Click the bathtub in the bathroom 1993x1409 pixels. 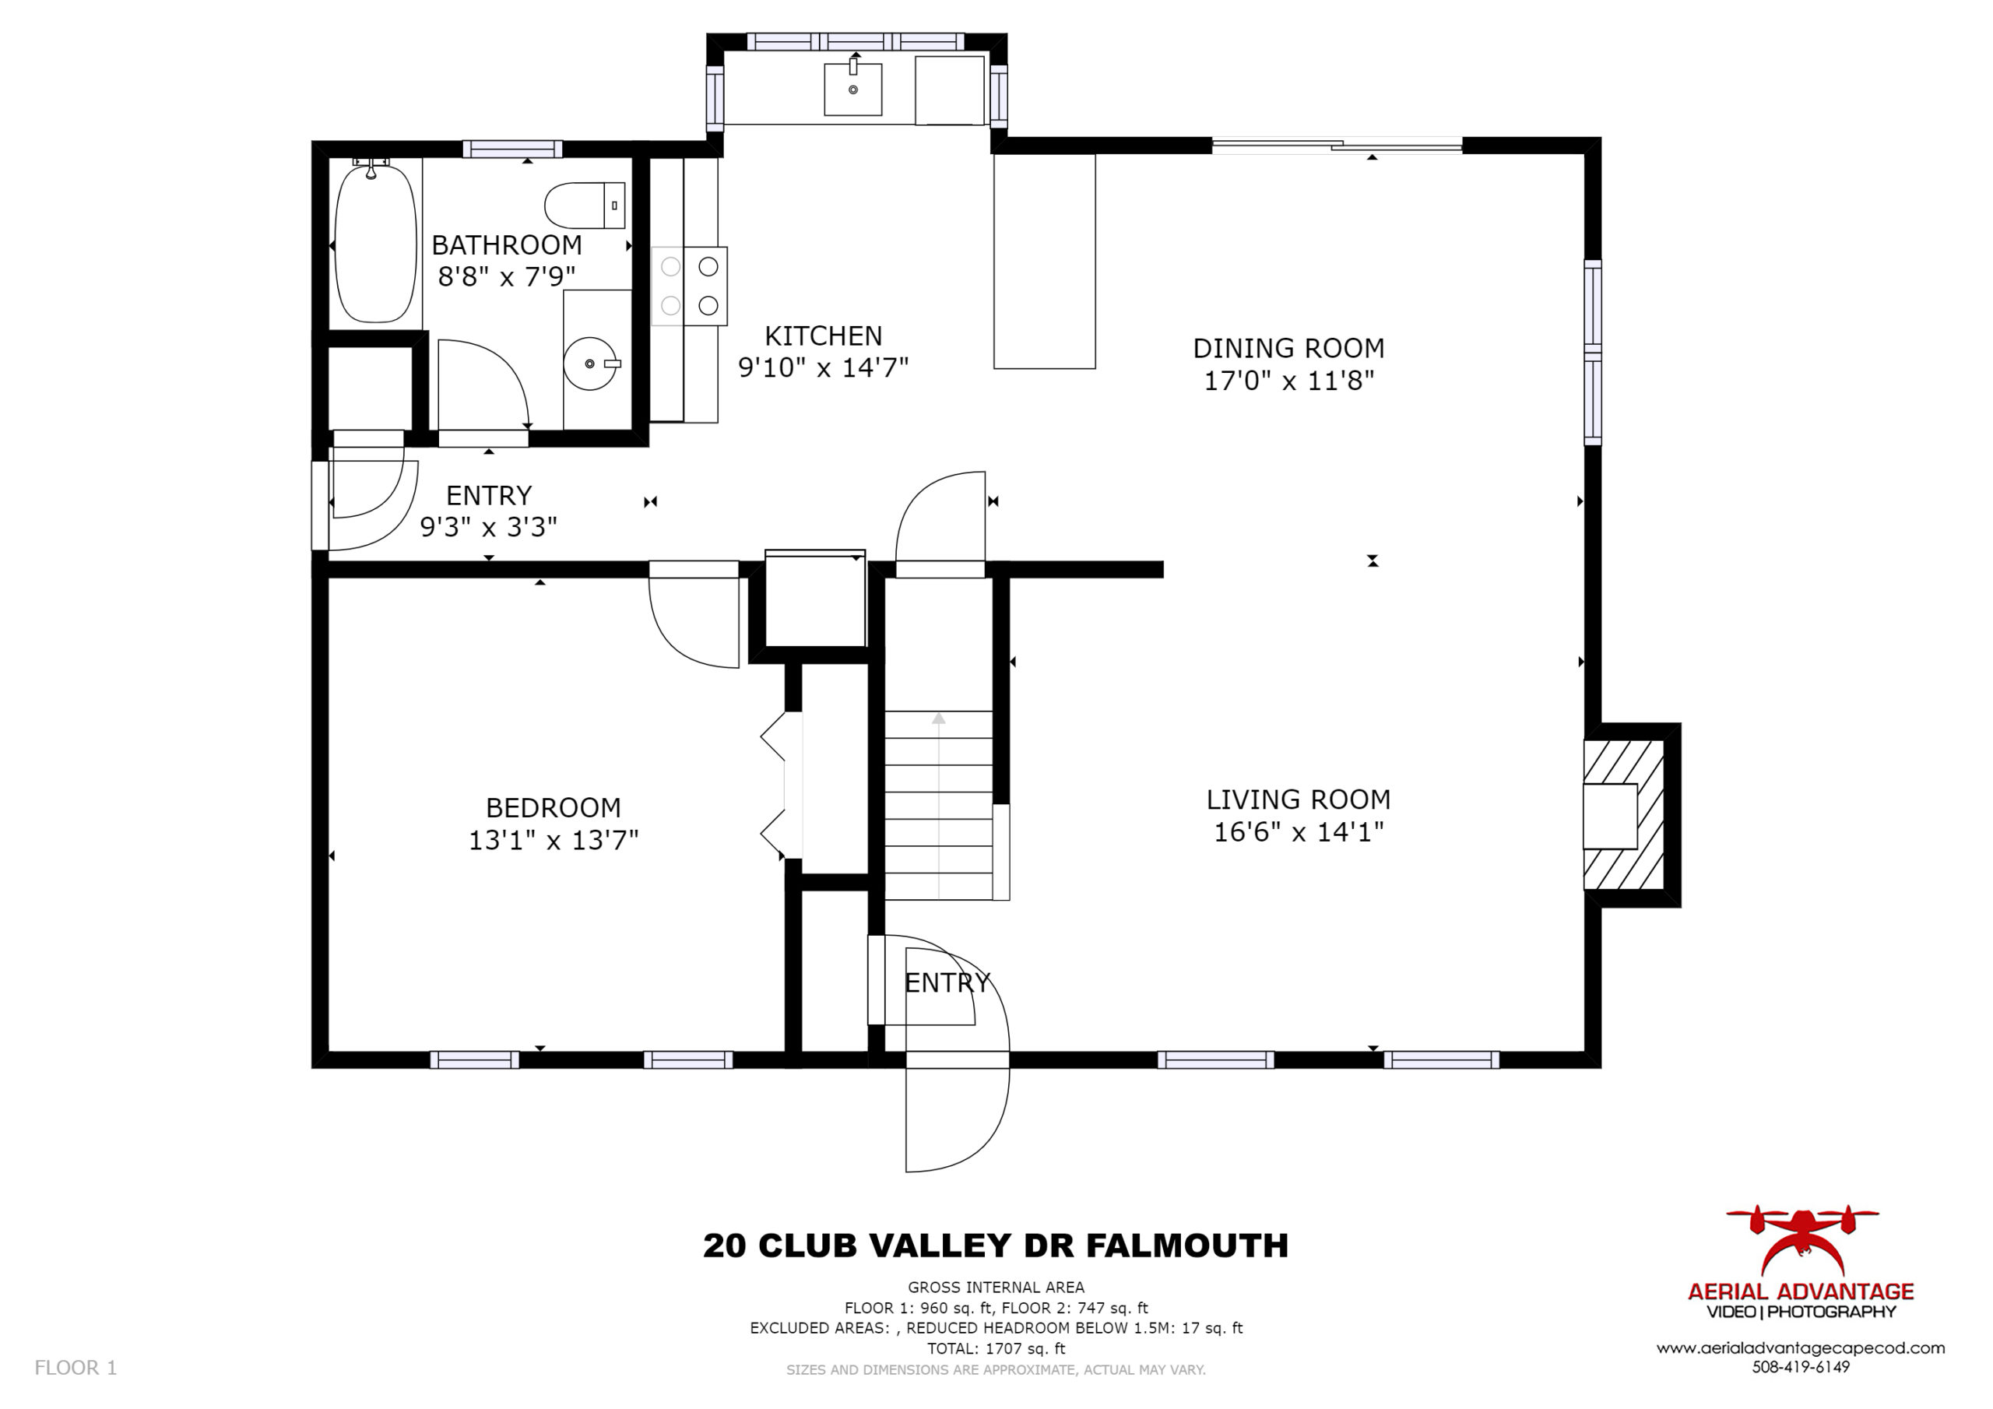[375, 242]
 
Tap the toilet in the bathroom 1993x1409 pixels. [584, 206]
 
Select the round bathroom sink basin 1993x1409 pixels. [590, 364]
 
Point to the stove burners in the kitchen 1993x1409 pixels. [689, 286]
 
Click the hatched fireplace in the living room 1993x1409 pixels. [1623, 815]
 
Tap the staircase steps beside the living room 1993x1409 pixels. [938, 805]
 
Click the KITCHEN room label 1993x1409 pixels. [823, 336]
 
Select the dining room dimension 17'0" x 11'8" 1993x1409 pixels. [1289, 380]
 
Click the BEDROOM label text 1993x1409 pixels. [553, 808]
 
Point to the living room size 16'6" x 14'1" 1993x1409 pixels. [1299, 831]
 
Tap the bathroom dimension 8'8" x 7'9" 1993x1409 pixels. [507, 277]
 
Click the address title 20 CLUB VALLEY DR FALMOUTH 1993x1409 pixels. [996, 1246]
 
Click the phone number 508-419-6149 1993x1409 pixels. [1801, 1366]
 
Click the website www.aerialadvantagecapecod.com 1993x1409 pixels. [1801, 1348]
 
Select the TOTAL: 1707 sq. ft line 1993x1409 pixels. [996, 1348]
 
